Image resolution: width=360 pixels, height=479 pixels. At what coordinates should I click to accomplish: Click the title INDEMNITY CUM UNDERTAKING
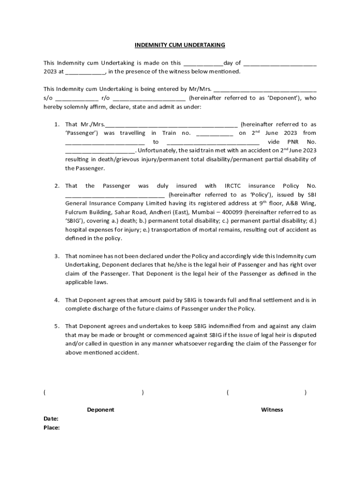pos(180,45)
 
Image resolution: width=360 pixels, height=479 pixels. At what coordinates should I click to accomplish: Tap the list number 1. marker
pos(56,124)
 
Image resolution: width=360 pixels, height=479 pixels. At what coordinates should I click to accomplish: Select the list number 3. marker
pos(56,256)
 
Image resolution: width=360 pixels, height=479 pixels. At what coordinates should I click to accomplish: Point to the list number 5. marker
pos(56,327)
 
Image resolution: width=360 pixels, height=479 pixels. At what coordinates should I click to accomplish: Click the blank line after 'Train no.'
pos(215,133)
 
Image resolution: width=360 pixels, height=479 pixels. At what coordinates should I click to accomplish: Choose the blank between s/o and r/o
pos(77,99)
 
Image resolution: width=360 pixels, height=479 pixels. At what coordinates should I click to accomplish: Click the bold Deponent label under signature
pos(101,410)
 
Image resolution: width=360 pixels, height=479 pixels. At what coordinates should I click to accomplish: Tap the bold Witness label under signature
pos(272,410)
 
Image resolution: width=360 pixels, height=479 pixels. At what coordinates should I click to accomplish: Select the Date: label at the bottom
pos(51,419)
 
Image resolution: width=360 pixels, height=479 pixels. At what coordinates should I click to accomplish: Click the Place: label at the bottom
pos(51,428)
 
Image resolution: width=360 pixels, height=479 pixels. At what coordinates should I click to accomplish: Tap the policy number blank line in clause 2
pos(115,195)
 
